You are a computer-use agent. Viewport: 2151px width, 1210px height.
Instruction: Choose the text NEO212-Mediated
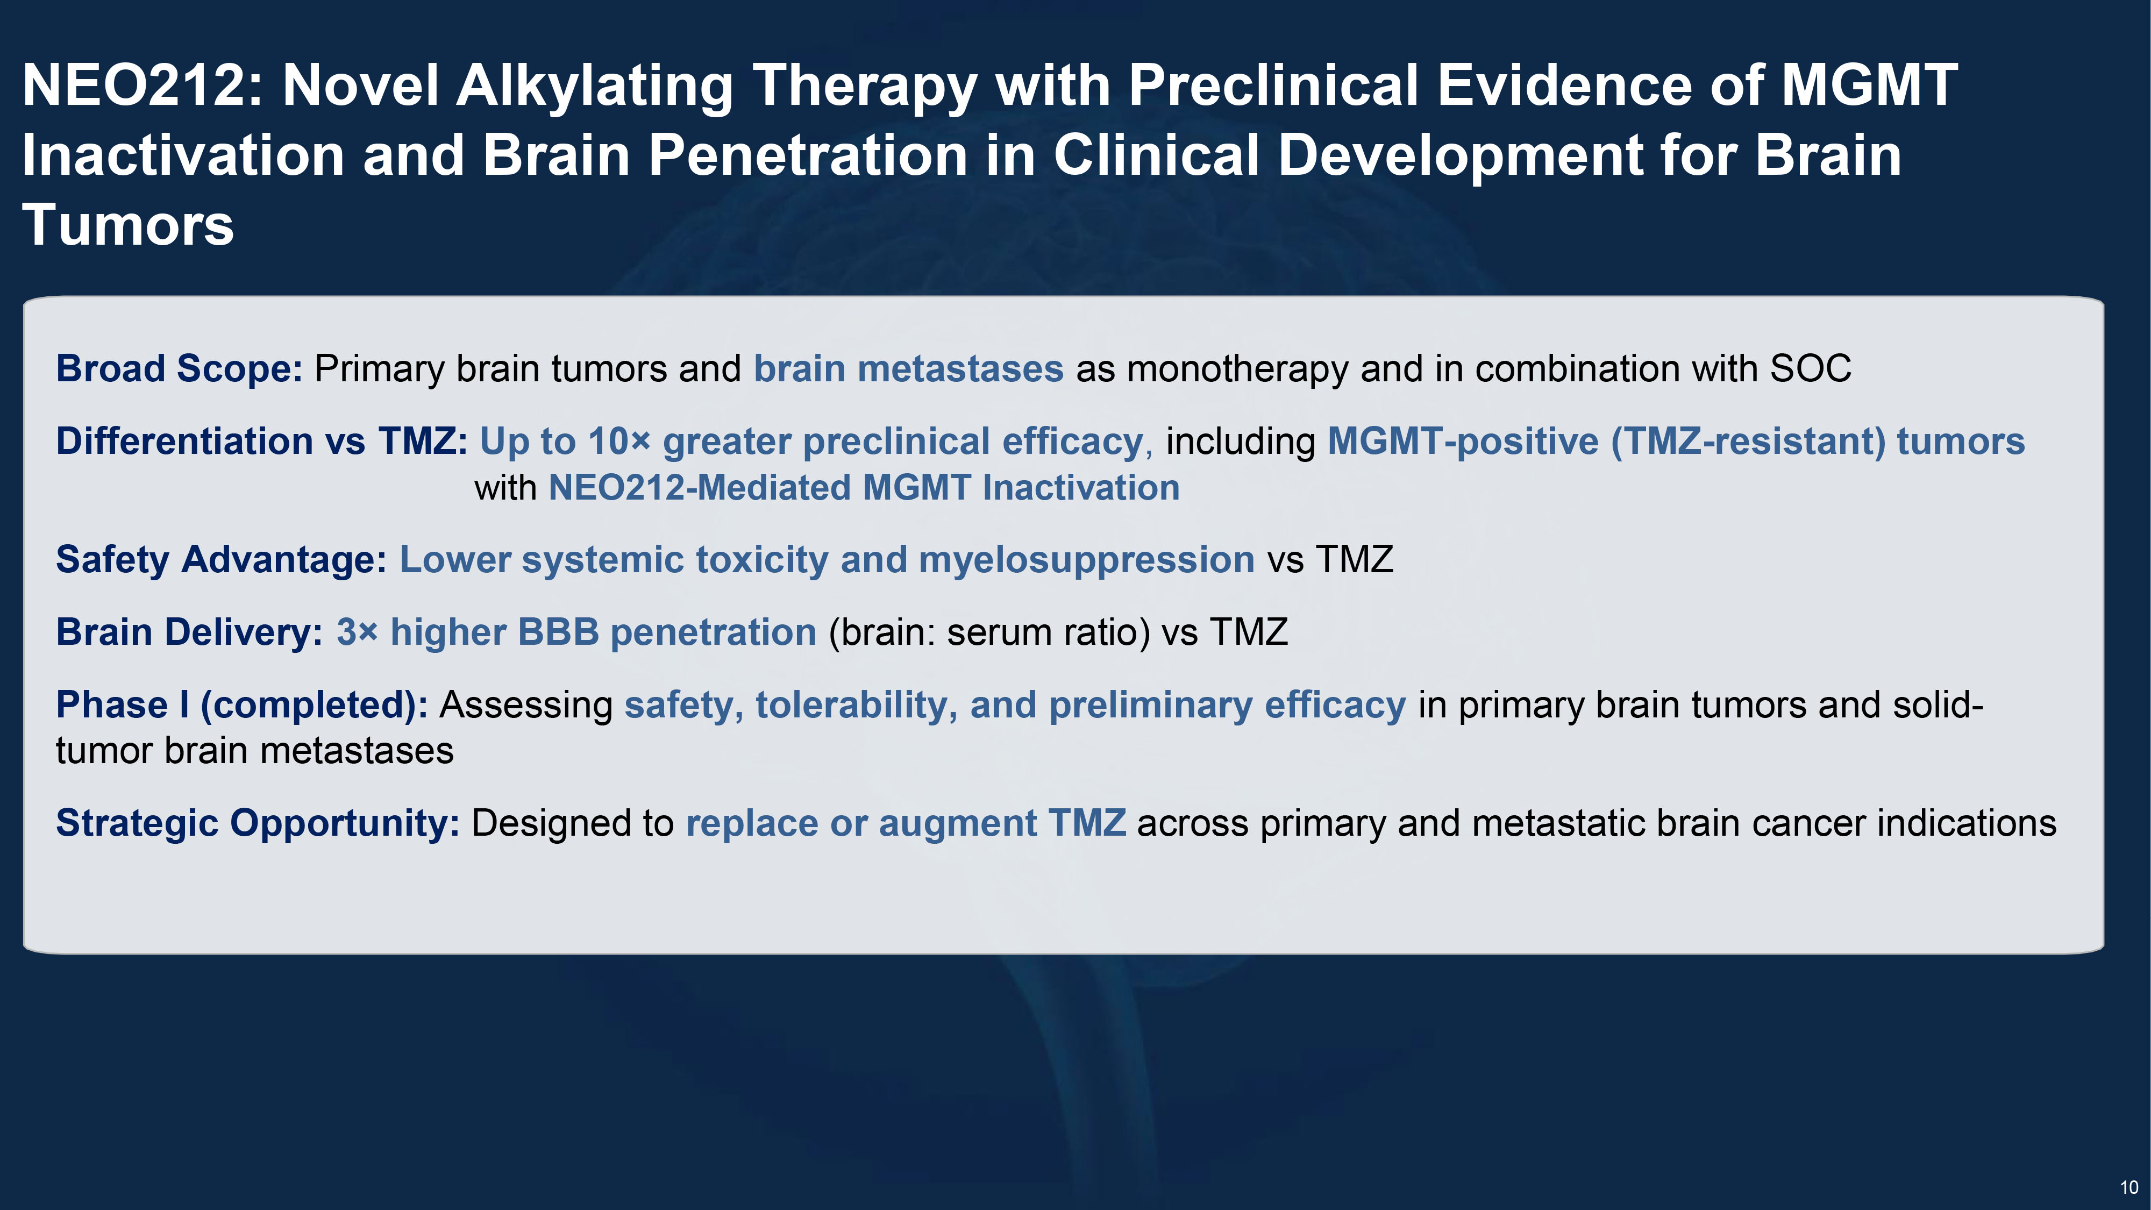click(x=700, y=488)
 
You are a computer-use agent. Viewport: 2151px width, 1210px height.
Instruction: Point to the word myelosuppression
click(x=1086, y=559)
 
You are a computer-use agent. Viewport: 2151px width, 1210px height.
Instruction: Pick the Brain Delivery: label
click(x=189, y=632)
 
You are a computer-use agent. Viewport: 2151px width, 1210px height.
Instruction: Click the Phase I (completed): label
click(x=242, y=705)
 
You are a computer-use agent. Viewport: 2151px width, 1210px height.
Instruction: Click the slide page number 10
click(x=2128, y=1187)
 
